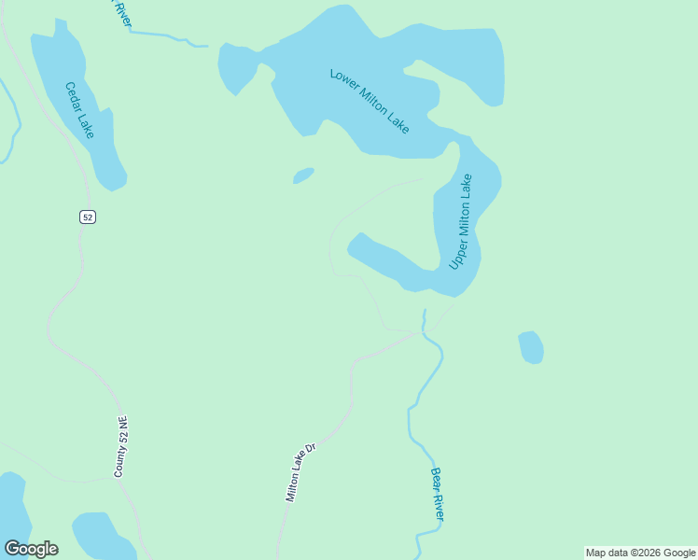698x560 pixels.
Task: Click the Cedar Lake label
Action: tap(79, 110)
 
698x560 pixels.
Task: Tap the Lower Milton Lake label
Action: tap(370, 100)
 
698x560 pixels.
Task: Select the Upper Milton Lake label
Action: tap(461, 222)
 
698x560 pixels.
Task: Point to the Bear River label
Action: tap(437, 495)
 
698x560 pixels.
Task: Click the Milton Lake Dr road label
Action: tap(301, 472)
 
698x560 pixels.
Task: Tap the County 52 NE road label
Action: tap(120, 447)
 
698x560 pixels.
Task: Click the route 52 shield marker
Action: tap(87, 217)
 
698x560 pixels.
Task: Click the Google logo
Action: tap(31, 549)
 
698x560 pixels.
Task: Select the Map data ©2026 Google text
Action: tap(640, 553)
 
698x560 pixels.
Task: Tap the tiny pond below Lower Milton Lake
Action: tap(302, 175)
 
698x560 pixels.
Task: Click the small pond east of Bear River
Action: tap(530, 347)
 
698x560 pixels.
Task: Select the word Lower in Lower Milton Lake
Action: tap(344, 81)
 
